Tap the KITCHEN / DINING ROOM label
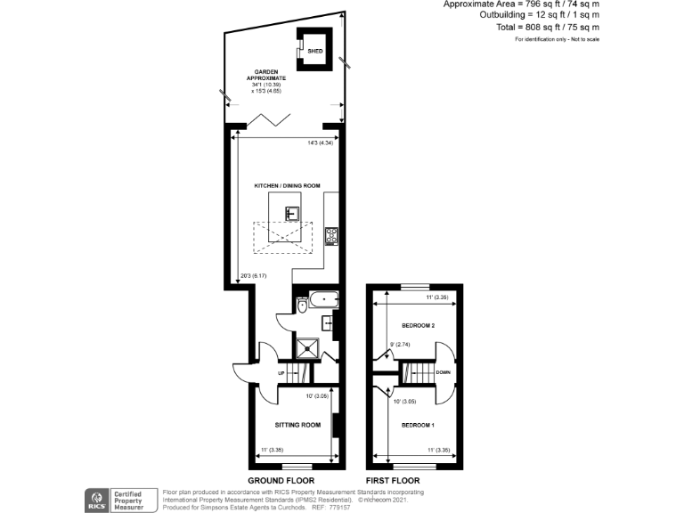tap(288, 185)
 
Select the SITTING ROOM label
tap(297, 425)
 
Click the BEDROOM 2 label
tap(418, 325)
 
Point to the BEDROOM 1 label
tap(418, 425)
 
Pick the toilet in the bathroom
tap(302, 306)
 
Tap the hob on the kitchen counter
tap(331, 236)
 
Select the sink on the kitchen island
tap(291, 212)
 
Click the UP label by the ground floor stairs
tap(282, 372)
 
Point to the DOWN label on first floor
tap(443, 372)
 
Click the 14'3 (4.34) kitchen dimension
tap(319, 142)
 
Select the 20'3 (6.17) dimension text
tap(254, 275)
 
